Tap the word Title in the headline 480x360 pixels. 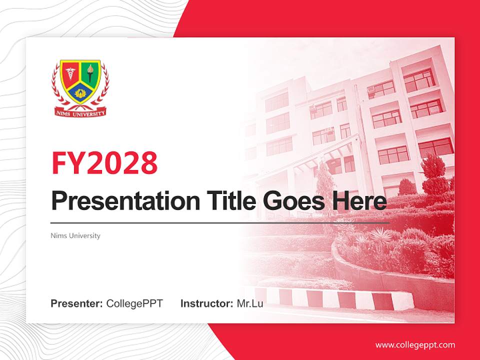[228, 201]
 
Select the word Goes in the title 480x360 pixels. [292, 201]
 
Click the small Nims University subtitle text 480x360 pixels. [75, 235]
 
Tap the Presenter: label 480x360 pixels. [76, 303]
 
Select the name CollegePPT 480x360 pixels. [134, 303]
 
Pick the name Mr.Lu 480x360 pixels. [250, 303]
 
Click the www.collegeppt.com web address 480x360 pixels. [415, 344]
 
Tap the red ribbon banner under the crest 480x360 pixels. [80, 113]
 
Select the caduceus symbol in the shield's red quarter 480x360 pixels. [69, 73]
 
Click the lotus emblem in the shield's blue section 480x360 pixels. [80, 92]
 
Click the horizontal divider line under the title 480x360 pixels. [220, 222]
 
